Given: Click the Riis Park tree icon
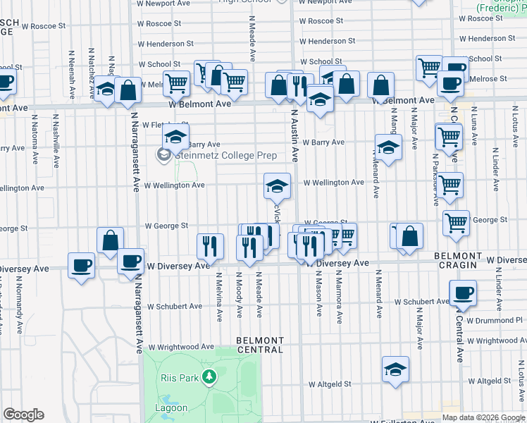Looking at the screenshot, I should coord(209,377).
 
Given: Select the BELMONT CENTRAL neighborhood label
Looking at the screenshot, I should coord(259,345).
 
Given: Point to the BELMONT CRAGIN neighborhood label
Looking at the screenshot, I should coord(458,260).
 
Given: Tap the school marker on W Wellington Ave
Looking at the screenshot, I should coord(277,187).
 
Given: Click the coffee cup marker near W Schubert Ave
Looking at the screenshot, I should coord(463,293).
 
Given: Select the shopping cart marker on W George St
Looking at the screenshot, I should coord(457,223).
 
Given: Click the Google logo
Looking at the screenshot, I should coord(23,415).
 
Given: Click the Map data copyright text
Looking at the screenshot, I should coord(484,417).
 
